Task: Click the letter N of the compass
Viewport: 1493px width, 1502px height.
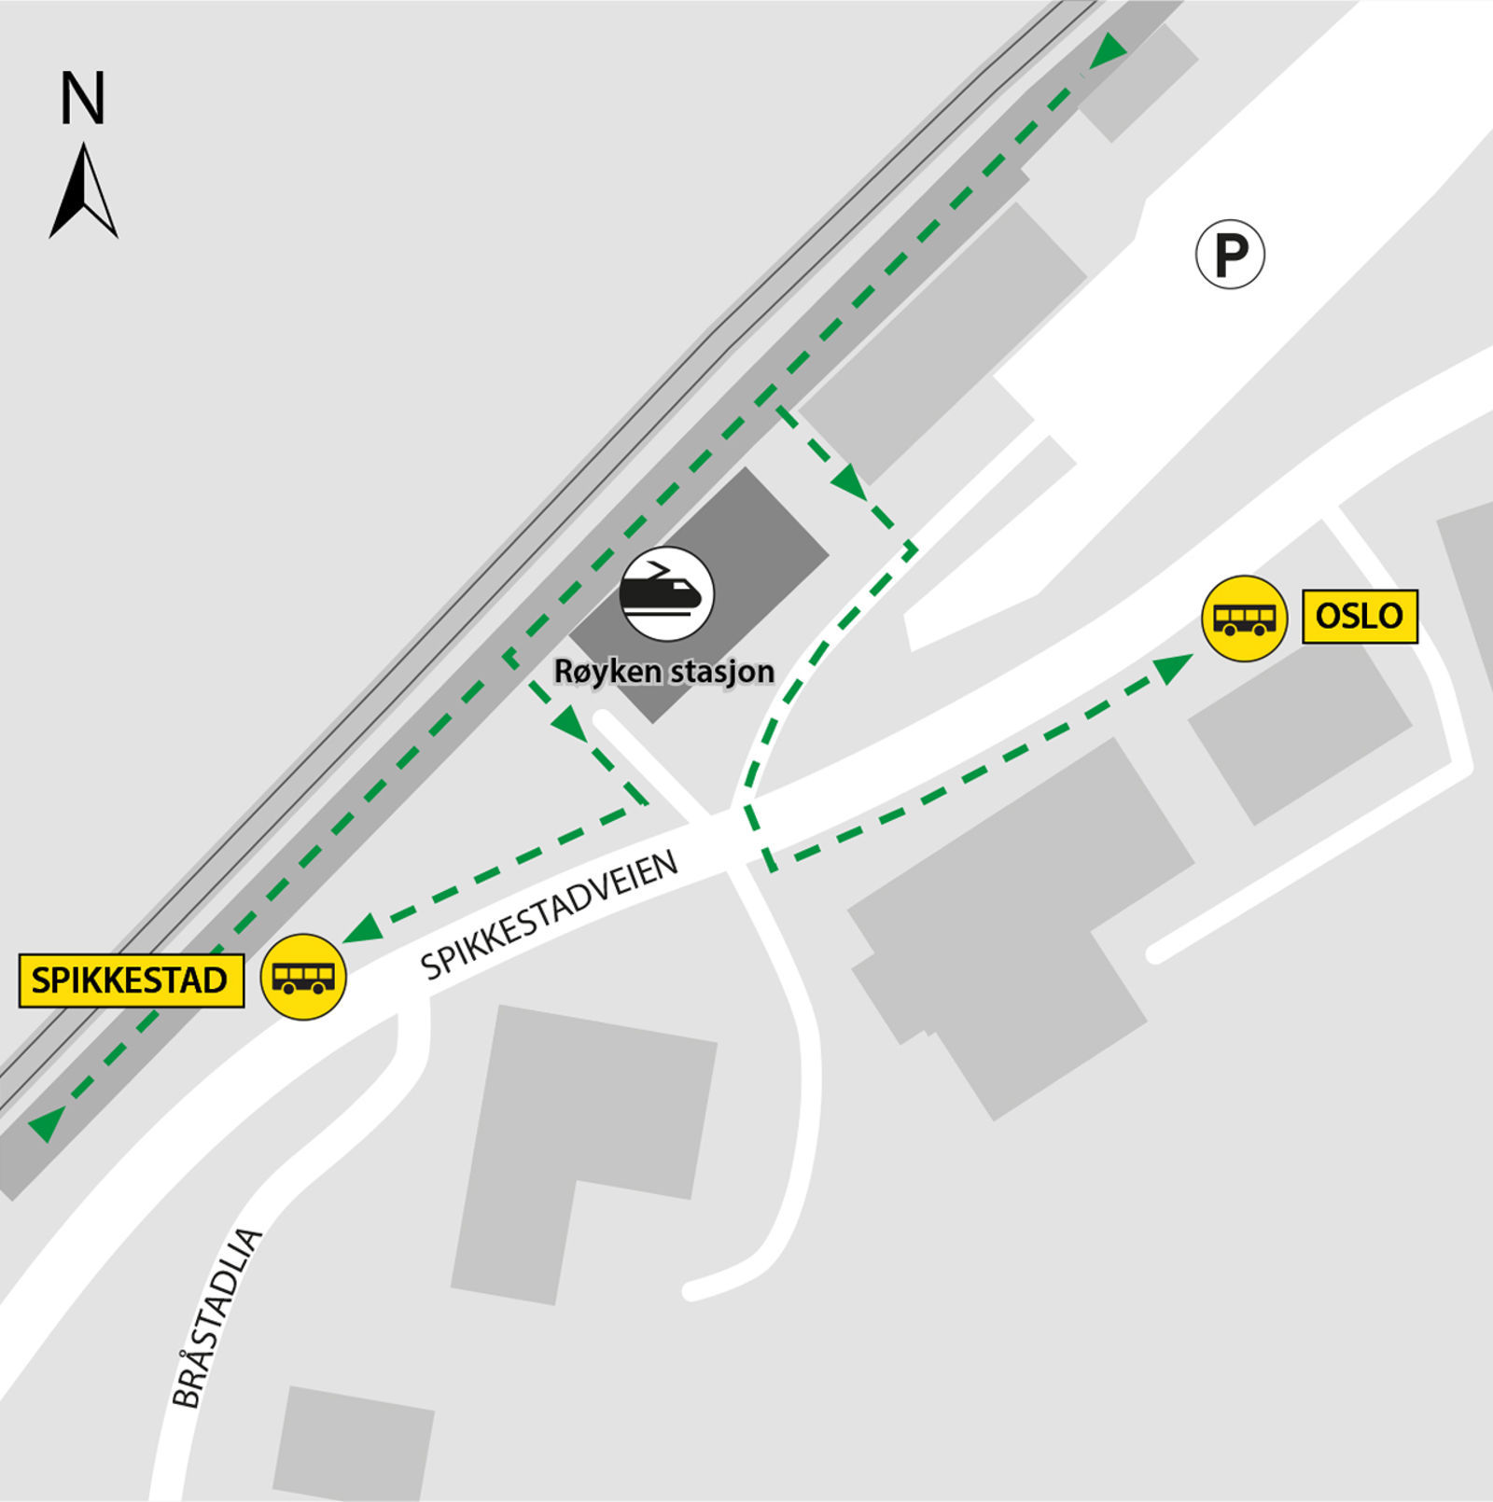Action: pos(82,98)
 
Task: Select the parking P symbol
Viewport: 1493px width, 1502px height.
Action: pos(1230,254)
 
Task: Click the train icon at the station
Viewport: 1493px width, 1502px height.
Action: pos(666,593)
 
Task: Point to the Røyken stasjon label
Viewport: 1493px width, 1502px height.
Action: pos(663,671)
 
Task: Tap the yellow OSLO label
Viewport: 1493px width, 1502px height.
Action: pos(1359,616)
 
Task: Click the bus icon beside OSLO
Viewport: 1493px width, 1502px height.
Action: pos(1244,618)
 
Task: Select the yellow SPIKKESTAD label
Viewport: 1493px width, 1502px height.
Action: pos(131,980)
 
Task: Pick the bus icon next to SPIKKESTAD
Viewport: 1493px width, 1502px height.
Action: pos(303,976)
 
